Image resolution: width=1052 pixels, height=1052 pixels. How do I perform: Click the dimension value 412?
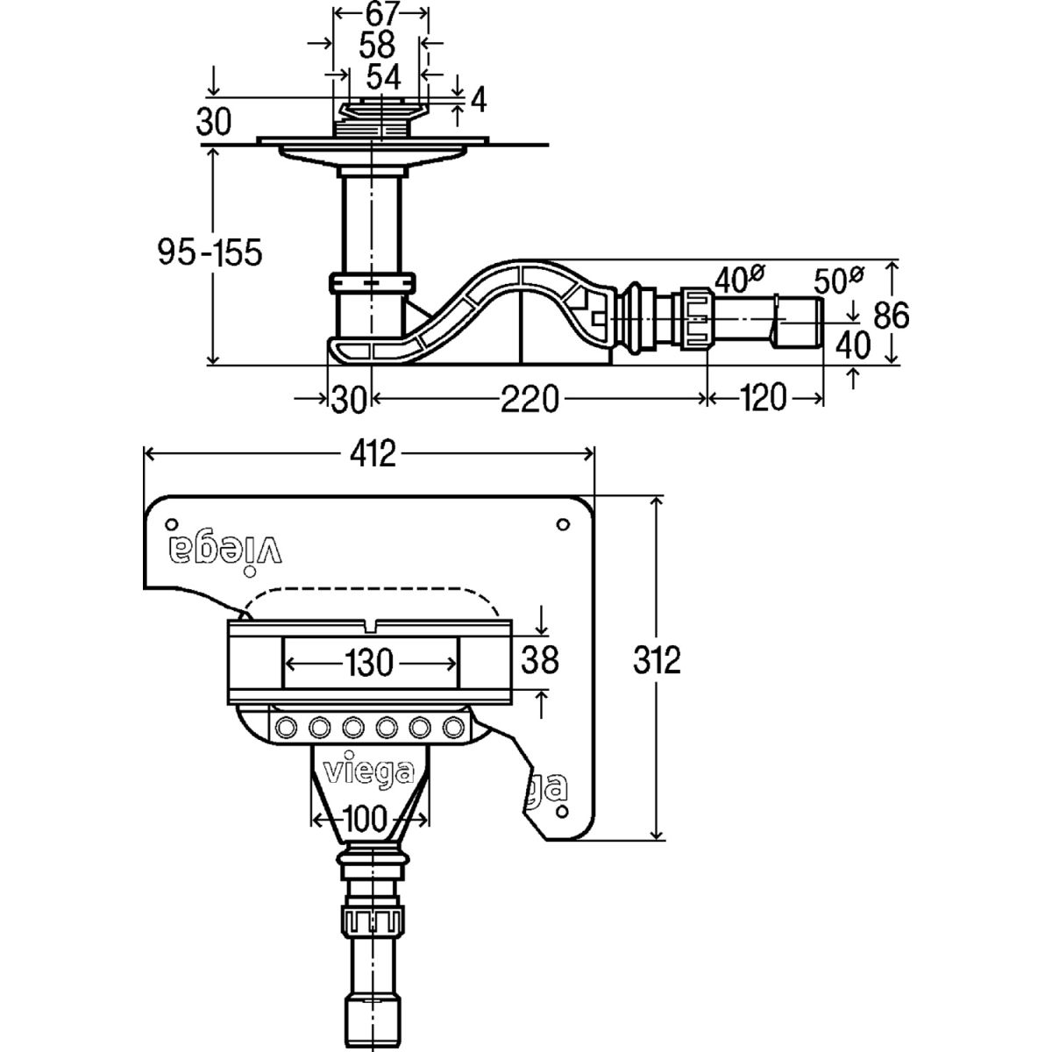click(x=369, y=453)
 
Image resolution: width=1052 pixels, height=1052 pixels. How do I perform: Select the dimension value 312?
click(x=657, y=660)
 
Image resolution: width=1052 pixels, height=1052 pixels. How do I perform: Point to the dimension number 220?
click(x=530, y=399)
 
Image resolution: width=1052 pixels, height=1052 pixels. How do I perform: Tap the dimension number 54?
click(x=382, y=76)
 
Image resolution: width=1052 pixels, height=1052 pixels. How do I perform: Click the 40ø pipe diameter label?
click(x=737, y=280)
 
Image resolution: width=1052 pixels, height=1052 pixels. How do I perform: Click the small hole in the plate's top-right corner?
click(x=562, y=524)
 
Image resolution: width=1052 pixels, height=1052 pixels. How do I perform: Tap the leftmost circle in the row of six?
click(x=286, y=728)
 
